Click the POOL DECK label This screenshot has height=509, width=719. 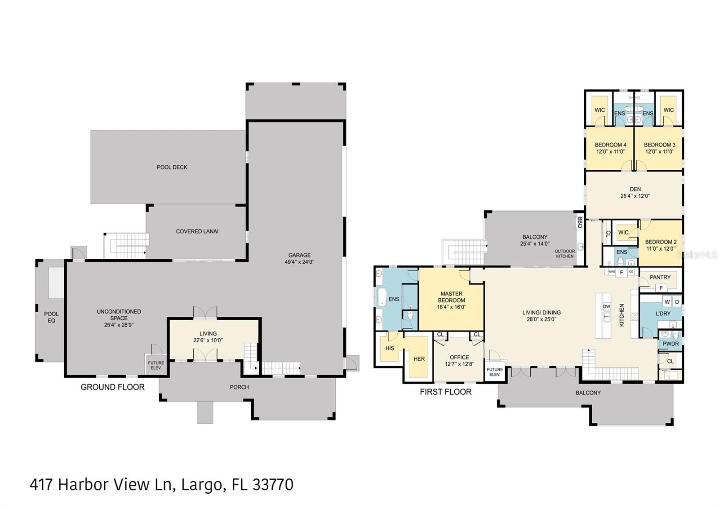click(x=172, y=167)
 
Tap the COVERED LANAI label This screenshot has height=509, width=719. click(x=197, y=231)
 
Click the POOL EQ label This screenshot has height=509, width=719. click(x=51, y=317)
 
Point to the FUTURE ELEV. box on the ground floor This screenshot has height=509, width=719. click(x=156, y=365)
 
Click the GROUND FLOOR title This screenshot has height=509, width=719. click(x=112, y=387)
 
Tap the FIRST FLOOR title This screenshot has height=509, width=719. click(x=445, y=392)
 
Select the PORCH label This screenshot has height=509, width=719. click(x=239, y=387)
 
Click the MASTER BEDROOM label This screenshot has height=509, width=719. click(x=451, y=297)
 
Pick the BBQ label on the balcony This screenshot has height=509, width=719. click(x=580, y=222)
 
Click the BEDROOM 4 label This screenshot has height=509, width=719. click(x=610, y=145)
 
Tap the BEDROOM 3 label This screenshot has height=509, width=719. click(x=659, y=145)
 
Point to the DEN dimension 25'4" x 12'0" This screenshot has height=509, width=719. click(x=635, y=196)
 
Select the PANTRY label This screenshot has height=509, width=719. click(x=660, y=277)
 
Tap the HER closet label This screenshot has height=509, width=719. click(x=419, y=359)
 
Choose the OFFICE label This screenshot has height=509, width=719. click(x=459, y=357)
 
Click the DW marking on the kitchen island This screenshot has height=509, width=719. click(x=606, y=306)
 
